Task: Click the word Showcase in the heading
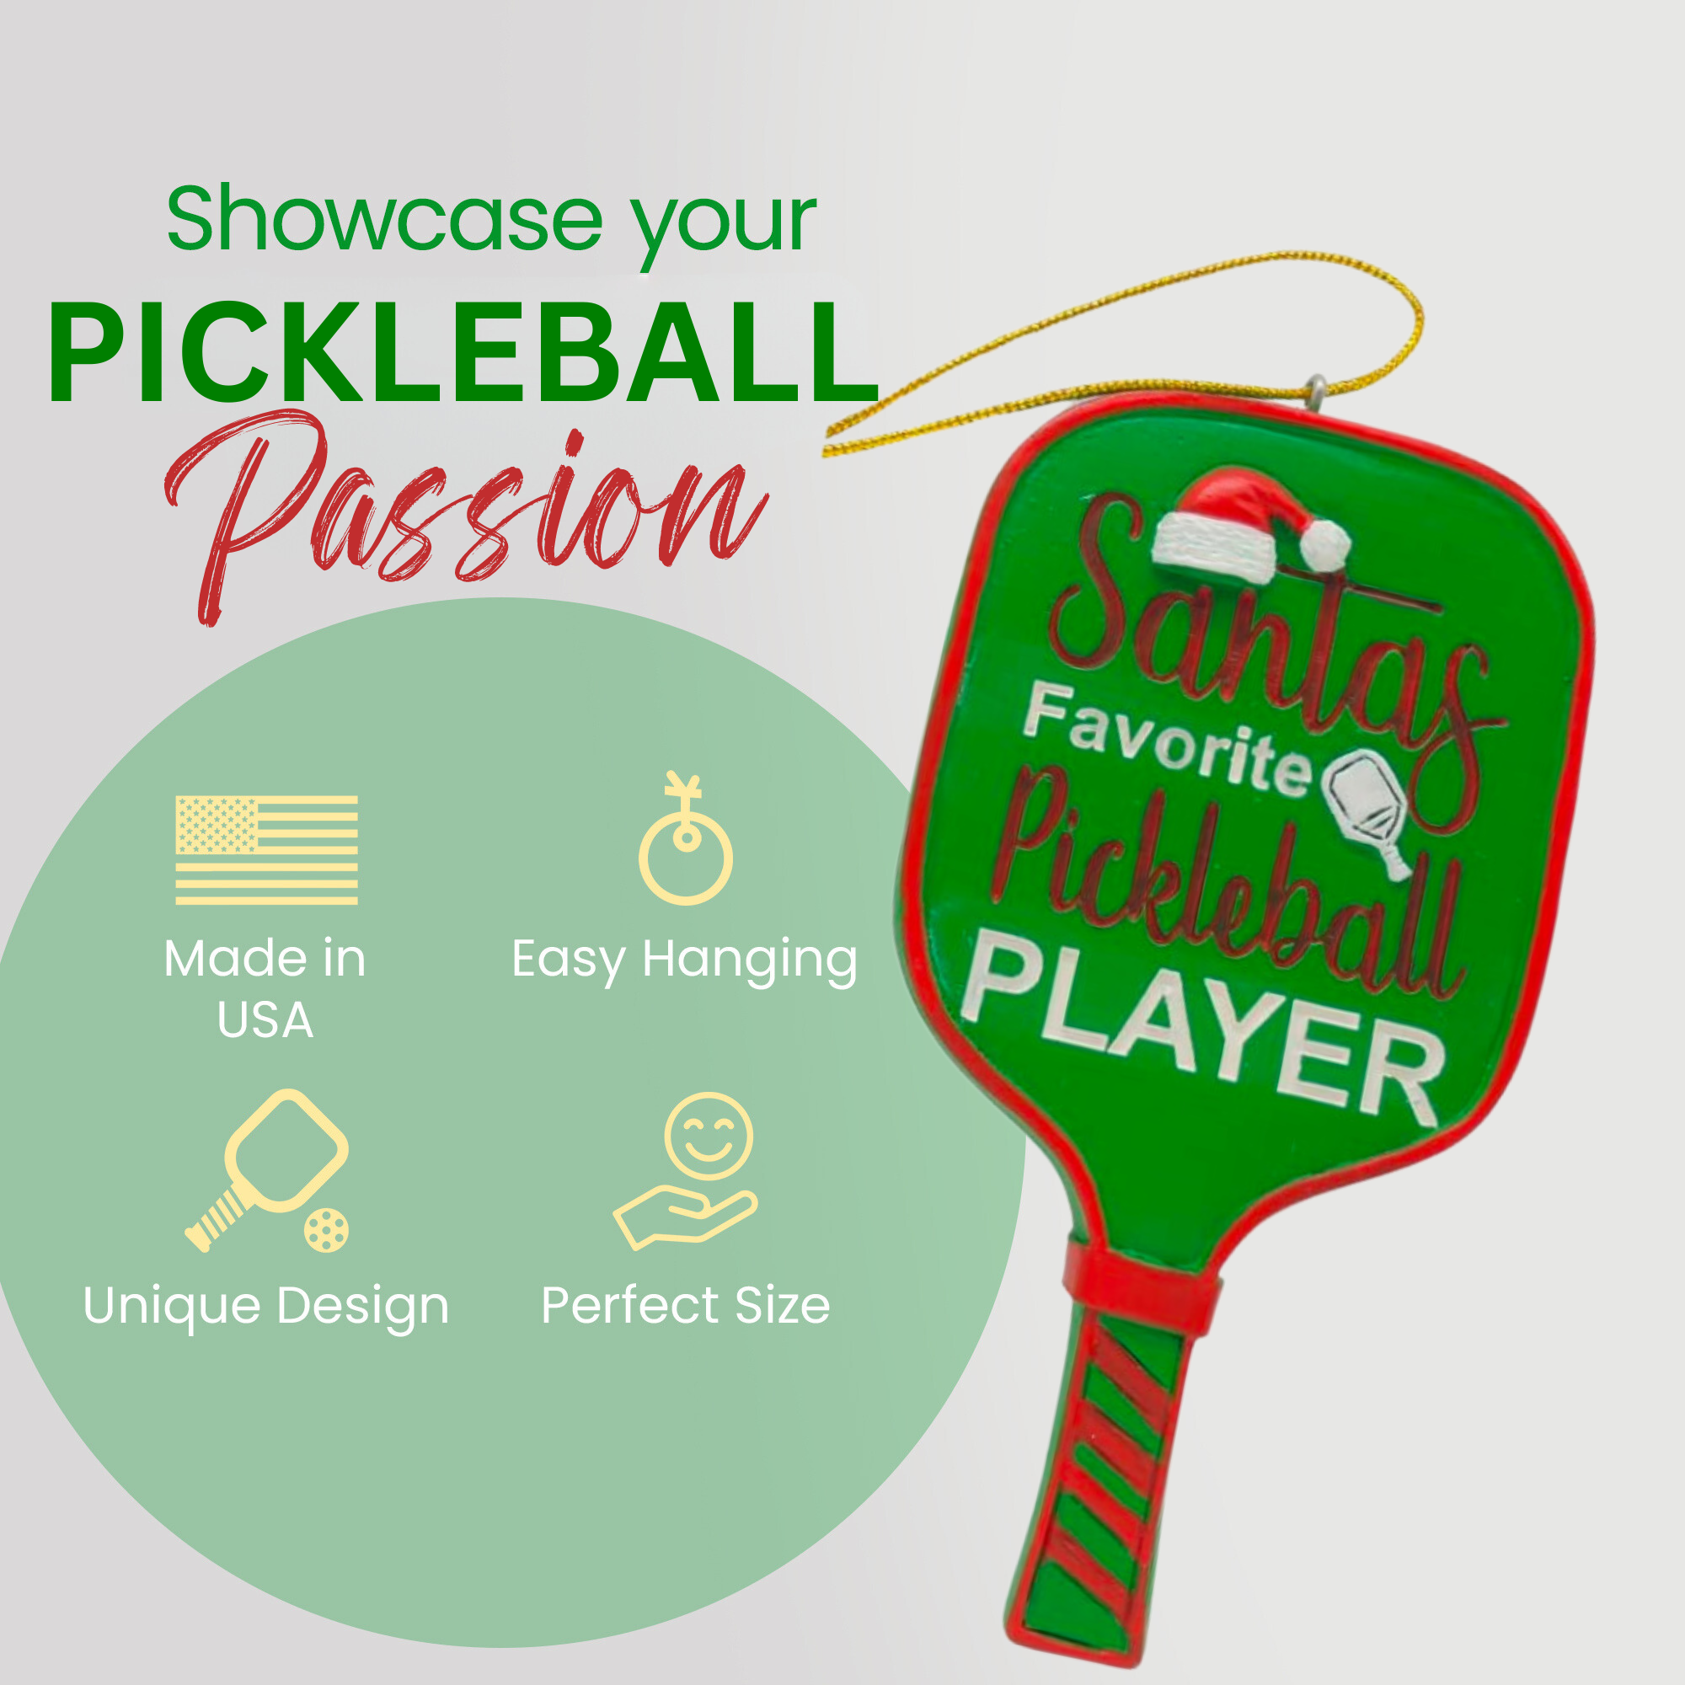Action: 383,220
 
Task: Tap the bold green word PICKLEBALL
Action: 463,354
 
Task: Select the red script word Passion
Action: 463,515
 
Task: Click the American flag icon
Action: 267,850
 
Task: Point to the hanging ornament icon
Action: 686,842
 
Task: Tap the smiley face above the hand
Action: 709,1136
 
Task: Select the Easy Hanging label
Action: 685,960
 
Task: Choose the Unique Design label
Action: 266,1306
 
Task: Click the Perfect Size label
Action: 686,1306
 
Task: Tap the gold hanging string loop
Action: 1134,349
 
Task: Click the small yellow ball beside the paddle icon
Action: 327,1231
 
